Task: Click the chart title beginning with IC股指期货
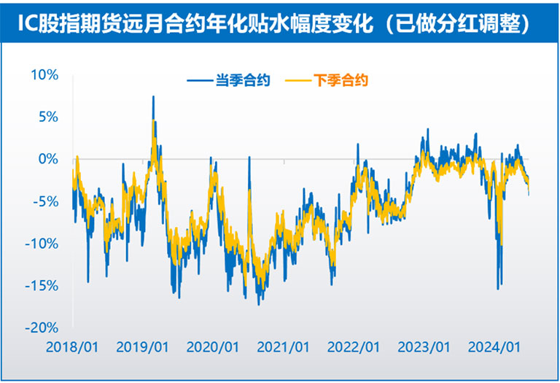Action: [x=279, y=23]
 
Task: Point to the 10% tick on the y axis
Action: [x=46, y=74]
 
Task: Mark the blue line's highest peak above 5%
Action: [x=153, y=97]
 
